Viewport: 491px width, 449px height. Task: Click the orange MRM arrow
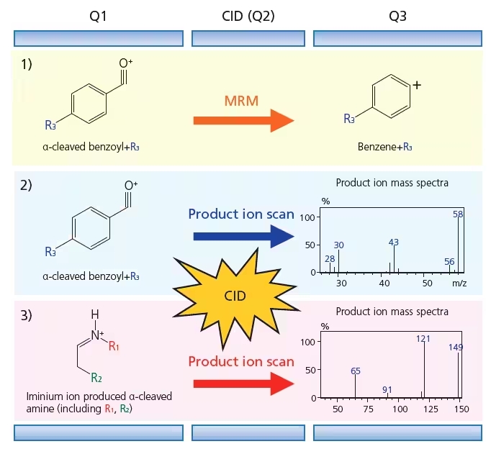point(243,120)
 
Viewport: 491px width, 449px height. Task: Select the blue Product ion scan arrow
point(243,237)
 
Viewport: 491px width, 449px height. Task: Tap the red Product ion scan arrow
point(243,384)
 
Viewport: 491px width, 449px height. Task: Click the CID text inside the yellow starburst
point(235,296)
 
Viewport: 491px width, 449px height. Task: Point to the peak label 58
point(458,214)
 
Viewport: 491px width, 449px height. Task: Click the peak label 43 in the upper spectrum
point(394,242)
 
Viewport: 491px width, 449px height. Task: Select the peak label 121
point(423,339)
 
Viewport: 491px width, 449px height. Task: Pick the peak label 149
point(456,348)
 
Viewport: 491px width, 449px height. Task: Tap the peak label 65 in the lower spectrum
point(356,371)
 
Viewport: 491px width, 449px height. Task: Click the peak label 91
point(387,389)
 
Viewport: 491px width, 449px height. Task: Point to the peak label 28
point(330,259)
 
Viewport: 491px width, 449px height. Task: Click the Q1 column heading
point(98,17)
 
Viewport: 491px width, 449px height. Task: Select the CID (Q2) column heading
point(248,17)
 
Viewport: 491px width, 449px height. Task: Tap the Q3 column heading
point(397,17)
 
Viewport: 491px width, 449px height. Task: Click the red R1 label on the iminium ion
point(114,346)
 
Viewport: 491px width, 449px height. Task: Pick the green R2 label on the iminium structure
point(96,378)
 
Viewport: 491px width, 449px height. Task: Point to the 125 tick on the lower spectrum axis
point(431,409)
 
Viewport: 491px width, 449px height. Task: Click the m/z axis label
point(459,284)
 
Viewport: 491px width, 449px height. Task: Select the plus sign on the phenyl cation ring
point(417,85)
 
